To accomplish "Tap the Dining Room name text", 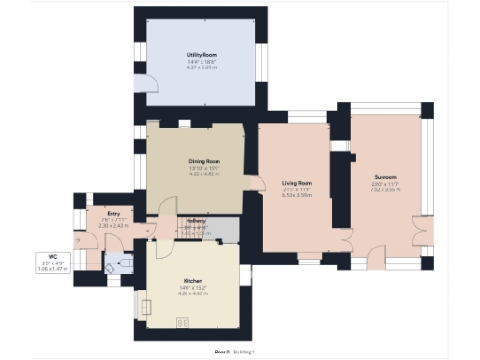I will [x=203, y=161].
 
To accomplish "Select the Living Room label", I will [x=297, y=182].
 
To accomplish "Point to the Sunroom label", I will [x=385, y=176].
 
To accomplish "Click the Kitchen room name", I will [x=192, y=280].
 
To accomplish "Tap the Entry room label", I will [x=113, y=214].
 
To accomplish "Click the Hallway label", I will [x=195, y=221].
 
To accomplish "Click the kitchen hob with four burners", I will [x=183, y=322].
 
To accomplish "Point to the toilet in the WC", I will [x=112, y=265].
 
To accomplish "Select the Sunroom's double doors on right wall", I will [x=418, y=229].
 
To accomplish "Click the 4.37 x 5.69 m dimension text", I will [x=202, y=67].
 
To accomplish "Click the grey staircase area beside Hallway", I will [x=221, y=227].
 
